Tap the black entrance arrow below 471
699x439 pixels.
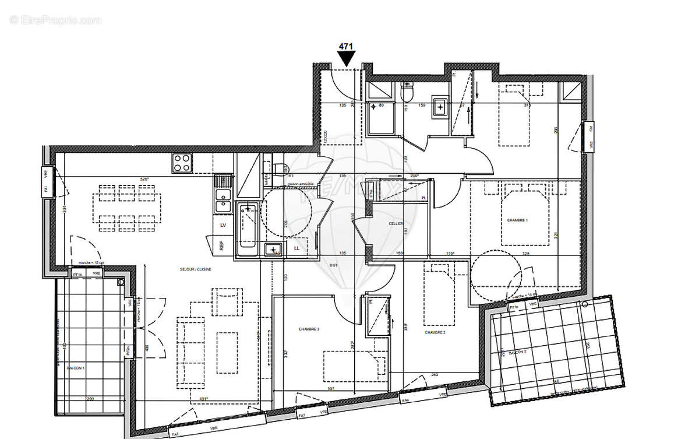(347, 58)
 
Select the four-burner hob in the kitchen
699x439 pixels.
(182, 163)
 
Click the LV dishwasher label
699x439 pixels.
(223, 224)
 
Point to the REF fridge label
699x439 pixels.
(222, 245)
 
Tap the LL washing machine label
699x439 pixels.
(298, 248)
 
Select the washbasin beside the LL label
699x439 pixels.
(273, 250)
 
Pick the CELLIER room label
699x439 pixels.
(397, 223)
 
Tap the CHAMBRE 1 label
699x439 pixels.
(517, 220)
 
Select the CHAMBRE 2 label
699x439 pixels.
(435, 332)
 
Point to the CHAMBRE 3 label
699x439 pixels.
(309, 329)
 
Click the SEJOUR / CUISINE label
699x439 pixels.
(195, 269)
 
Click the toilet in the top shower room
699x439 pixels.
(407, 92)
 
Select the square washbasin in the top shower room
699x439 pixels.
(440, 107)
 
